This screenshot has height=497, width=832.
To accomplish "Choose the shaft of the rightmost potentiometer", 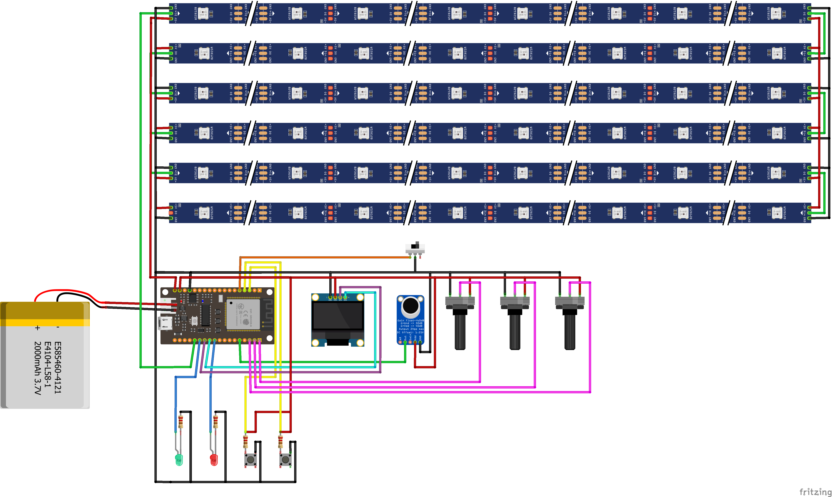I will point(570,332).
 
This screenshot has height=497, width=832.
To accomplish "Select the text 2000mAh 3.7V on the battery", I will point(38,368).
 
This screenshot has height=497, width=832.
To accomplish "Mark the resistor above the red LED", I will point(216,422).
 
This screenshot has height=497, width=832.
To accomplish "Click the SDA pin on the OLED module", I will point(345,297).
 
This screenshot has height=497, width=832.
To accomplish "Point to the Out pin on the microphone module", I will point(405,342).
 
